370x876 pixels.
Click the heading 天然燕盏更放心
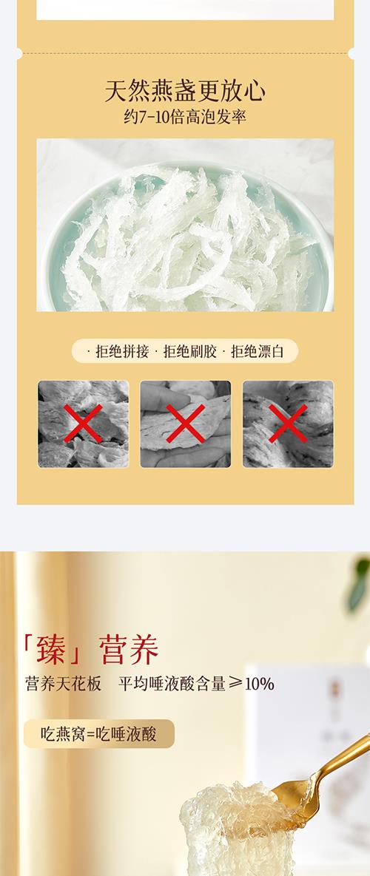coord(185,90)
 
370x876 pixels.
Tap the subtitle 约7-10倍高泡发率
coord(185,117)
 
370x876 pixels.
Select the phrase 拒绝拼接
coord(122,351)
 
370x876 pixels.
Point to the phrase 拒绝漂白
coord(258,351)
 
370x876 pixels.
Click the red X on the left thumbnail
coord(84,424)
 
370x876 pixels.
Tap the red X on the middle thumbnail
coord(186,424)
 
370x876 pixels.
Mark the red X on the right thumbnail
coord(288,424)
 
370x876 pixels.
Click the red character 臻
coord(51,650)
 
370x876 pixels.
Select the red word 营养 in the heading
coord(129,650)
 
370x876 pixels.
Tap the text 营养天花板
coord(63,683)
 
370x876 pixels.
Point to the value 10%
coord(260,684)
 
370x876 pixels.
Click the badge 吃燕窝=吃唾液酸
coord(99,733)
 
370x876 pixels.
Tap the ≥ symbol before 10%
coord(235,683)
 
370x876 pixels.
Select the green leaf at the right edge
coord(360,585)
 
